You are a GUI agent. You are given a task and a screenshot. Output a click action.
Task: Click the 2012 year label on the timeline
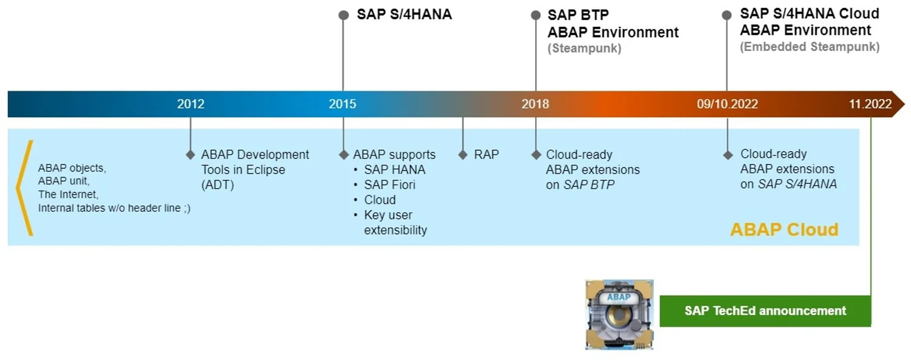pos(191,104)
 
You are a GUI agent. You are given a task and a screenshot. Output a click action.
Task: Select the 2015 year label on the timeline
pos(343,104)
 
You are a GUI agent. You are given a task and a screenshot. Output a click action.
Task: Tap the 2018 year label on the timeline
pos(535,104)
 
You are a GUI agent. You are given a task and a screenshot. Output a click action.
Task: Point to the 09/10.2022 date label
pos(727,104)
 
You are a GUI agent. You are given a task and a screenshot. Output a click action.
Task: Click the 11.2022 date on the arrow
pos(870,104)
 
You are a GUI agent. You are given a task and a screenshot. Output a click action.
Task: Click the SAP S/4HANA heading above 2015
pos(404,15)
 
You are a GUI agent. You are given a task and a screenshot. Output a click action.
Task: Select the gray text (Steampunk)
pos(584,49)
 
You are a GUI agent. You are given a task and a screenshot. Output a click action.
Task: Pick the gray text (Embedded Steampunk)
pos(809,47)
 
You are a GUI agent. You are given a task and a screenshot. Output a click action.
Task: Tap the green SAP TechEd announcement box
pos(765,311)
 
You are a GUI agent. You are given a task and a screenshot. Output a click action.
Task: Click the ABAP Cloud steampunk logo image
pos(619,314)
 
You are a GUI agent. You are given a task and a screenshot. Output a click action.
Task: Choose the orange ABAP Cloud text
pos(783,229)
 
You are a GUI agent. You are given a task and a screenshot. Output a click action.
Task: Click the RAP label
pos(486,155)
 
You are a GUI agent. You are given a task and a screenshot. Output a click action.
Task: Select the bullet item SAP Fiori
pos(389,185)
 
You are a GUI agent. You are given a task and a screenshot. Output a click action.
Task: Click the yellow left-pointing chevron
pos(24,188)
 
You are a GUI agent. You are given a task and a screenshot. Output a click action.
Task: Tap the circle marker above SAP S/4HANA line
pos(343,15)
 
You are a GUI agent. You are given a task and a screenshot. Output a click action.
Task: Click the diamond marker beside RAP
pos(463,155)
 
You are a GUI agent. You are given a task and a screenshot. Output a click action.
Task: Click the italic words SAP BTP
pos(589,185)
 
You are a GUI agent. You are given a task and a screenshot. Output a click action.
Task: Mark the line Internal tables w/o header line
pos(114,208)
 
